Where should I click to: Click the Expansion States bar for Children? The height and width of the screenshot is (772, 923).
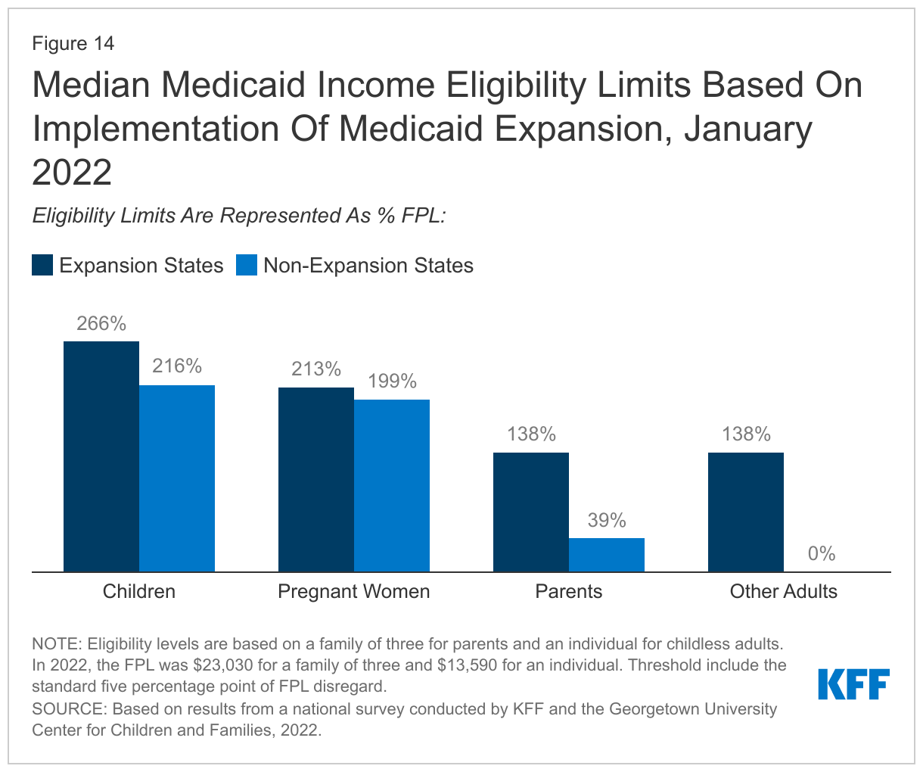pyautogui.click(x=101, y=456)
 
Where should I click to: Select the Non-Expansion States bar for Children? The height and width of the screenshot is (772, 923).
pyautogui.click(x=177, y=478)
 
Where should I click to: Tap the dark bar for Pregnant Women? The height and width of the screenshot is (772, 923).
pyautogui.click(x=316, y=479)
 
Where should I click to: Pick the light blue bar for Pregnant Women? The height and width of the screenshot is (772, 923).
pyautogui.click(x=392, y=485)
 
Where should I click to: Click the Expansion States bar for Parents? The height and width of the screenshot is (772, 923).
pyautogui.click(x=531, y=512)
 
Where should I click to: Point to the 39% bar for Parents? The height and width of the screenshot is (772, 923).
pyautogui.click(x=607, y=555)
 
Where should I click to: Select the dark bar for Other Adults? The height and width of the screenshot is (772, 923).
pyautogui.click(x=746, y=512)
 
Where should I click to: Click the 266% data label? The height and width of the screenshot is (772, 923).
pyautogui.click(x=101, y=324)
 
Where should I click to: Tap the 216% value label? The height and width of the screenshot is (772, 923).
pyautogui.click(x=177, y=367)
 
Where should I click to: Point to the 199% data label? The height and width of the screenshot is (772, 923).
pyautogui.click(x=392, y=381)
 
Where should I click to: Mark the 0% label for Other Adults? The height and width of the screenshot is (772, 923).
pyautogui.click(x=822, y=554)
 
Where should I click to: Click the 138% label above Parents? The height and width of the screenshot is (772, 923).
pyautogui.click(x=531, y=434)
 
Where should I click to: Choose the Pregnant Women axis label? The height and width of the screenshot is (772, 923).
pyautogui.click(x=354, y=591)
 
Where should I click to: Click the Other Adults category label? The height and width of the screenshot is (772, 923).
pyautogui.click(x=784, y=591)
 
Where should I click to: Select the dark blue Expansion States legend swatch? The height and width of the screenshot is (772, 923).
pyautogui.click(x=42, y=266)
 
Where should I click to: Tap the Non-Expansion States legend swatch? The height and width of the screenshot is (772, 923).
pyautogui.click(x=247, y=266)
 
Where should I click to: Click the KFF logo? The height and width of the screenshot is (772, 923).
pyautogui.click(x=854, y=683)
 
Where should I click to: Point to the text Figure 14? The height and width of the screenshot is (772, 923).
pyautogui.click(x=73, y=44)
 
